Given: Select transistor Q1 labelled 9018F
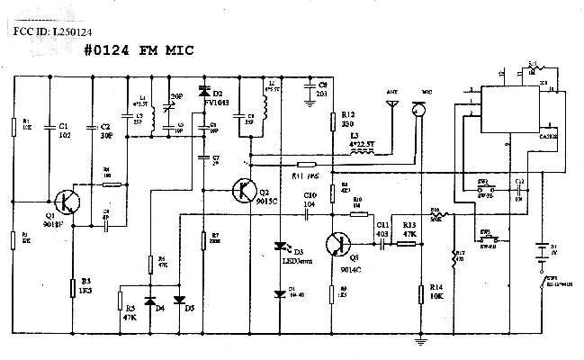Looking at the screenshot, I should (65, 202).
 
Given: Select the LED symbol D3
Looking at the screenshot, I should (281, 246).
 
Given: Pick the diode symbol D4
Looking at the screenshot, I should (149, 299).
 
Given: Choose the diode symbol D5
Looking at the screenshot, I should (178, 299).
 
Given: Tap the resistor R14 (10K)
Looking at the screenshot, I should (421, 294).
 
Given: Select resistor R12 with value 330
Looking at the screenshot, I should (333, 122).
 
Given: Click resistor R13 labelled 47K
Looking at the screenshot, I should (408, 240).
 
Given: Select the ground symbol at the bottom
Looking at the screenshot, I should (418, 341).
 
